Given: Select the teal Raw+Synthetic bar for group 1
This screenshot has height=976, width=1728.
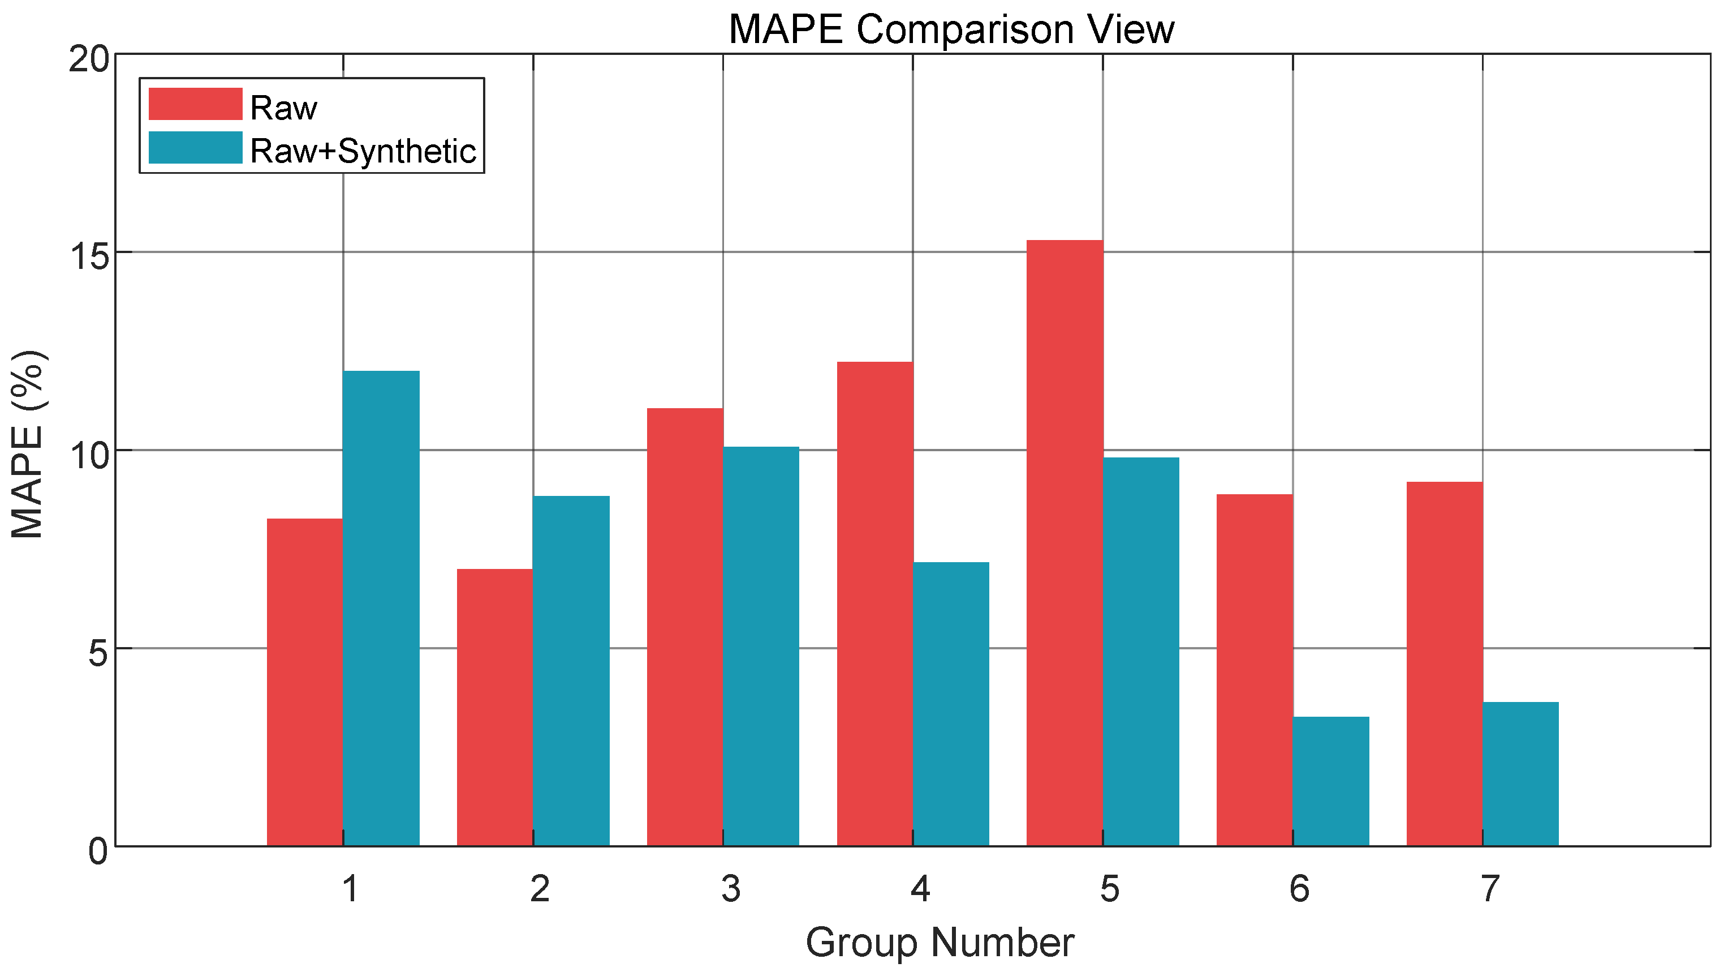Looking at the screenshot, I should (381, 607).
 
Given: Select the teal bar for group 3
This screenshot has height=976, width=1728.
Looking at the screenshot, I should (761, 646).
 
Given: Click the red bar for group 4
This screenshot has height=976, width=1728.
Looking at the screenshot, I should (874, 603).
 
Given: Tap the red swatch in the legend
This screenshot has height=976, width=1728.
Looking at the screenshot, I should (195, 104).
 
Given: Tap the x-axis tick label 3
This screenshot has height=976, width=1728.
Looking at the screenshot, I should (730, 888).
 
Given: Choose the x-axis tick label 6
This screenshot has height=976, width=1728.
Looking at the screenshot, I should (1299, 888).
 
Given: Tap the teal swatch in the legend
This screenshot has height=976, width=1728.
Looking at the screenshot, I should (195, 148).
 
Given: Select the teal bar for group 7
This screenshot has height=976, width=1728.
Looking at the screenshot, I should (1520, 774).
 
